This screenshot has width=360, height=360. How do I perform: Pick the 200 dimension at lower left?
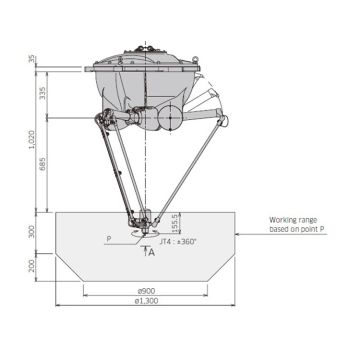click(32, 265)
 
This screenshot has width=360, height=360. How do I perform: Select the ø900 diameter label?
click(147, 291)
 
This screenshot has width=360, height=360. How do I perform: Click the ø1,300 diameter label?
click(147, 303)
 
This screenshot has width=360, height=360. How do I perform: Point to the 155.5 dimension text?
click(175, 221)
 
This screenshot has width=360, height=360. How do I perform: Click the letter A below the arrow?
click(152, 252)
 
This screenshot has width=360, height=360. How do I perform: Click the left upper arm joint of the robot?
click(100, 121)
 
